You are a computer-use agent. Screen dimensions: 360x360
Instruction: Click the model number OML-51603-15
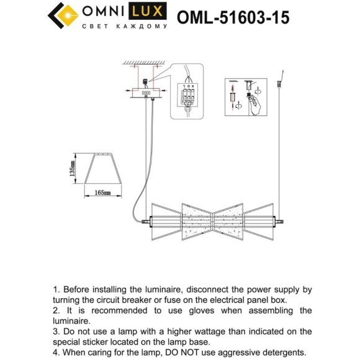(x=233, y=16)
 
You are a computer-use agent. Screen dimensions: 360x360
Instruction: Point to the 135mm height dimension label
(x=73, y=168)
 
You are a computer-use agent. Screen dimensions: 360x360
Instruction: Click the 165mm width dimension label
(x=102, y=193)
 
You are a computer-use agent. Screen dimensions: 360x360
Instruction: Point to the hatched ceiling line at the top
(x=145, y=62)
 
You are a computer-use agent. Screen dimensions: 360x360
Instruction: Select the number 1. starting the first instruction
(x=58, y=289)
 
